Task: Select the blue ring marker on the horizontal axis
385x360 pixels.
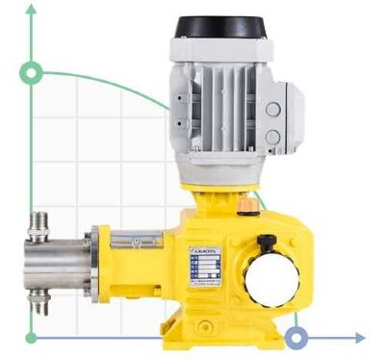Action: [x=297, y=338]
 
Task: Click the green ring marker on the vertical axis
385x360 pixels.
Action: [x=32, y=72]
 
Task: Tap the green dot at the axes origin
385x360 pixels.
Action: [x=32, y=338]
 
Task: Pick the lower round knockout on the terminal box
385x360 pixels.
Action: [x=273, y=136]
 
